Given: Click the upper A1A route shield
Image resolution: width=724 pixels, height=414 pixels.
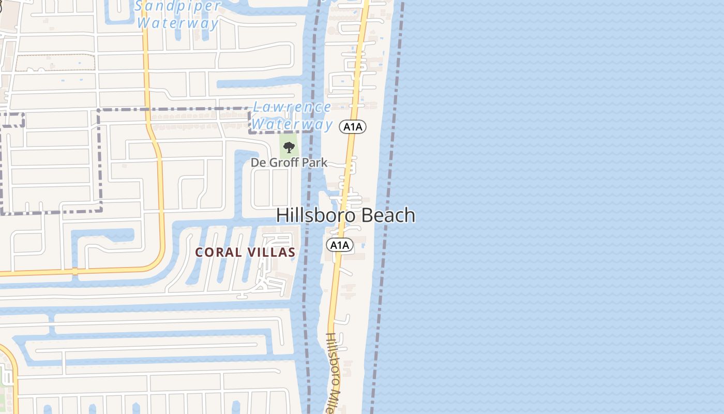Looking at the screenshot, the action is (x=353, y=126).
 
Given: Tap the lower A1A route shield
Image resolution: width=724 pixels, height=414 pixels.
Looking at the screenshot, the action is (x=339, y=245).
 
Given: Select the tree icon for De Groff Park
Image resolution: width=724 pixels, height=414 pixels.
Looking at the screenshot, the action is (x=289, y=147).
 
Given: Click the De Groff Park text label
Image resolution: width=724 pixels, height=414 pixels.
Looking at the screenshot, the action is (x=289, y=162).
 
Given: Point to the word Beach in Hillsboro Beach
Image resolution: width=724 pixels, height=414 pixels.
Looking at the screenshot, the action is (x=386, y=215).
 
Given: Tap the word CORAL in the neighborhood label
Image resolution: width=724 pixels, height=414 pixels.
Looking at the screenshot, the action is (x=218, y=253).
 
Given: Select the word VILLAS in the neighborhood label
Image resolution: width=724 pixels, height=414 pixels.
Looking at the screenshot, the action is (x=271, y=253).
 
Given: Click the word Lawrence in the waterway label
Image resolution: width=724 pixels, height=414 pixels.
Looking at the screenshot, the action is (x=292, y=107).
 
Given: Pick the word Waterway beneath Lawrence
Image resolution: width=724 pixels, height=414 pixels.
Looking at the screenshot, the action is (x=292, y=124).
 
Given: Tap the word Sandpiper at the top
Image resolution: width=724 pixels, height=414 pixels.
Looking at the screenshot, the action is (x=178, y=6).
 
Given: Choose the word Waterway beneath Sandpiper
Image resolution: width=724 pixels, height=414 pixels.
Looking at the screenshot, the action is (x=178, y=23).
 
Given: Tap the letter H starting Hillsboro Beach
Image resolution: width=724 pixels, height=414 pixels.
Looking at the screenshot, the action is (x=282, y=215).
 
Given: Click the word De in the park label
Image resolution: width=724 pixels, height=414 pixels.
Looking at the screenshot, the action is (x=258, y=162).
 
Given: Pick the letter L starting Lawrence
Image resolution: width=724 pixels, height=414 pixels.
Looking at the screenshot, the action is (x=257, y=107).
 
